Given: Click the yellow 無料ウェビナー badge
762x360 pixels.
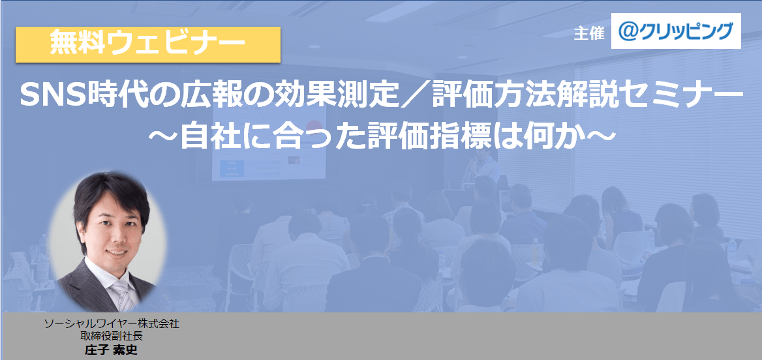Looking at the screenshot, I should pyautogui.click(x=147, y=44).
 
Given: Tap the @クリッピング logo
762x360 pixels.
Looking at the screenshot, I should pyautogui.click(x=676, y=31).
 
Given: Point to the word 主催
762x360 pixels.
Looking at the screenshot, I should pyautogui.click(x=589, y=33).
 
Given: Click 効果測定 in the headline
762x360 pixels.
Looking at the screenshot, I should pyautogui.click(x=345, y=97).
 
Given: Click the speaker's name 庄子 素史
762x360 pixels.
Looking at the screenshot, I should pyautogui.click(x=112, y=350).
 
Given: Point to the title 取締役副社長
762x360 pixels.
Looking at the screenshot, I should pyautogui.click(x=112, y=336).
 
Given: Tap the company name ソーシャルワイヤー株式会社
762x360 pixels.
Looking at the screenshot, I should pyautogui.click(x=112, y=323).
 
